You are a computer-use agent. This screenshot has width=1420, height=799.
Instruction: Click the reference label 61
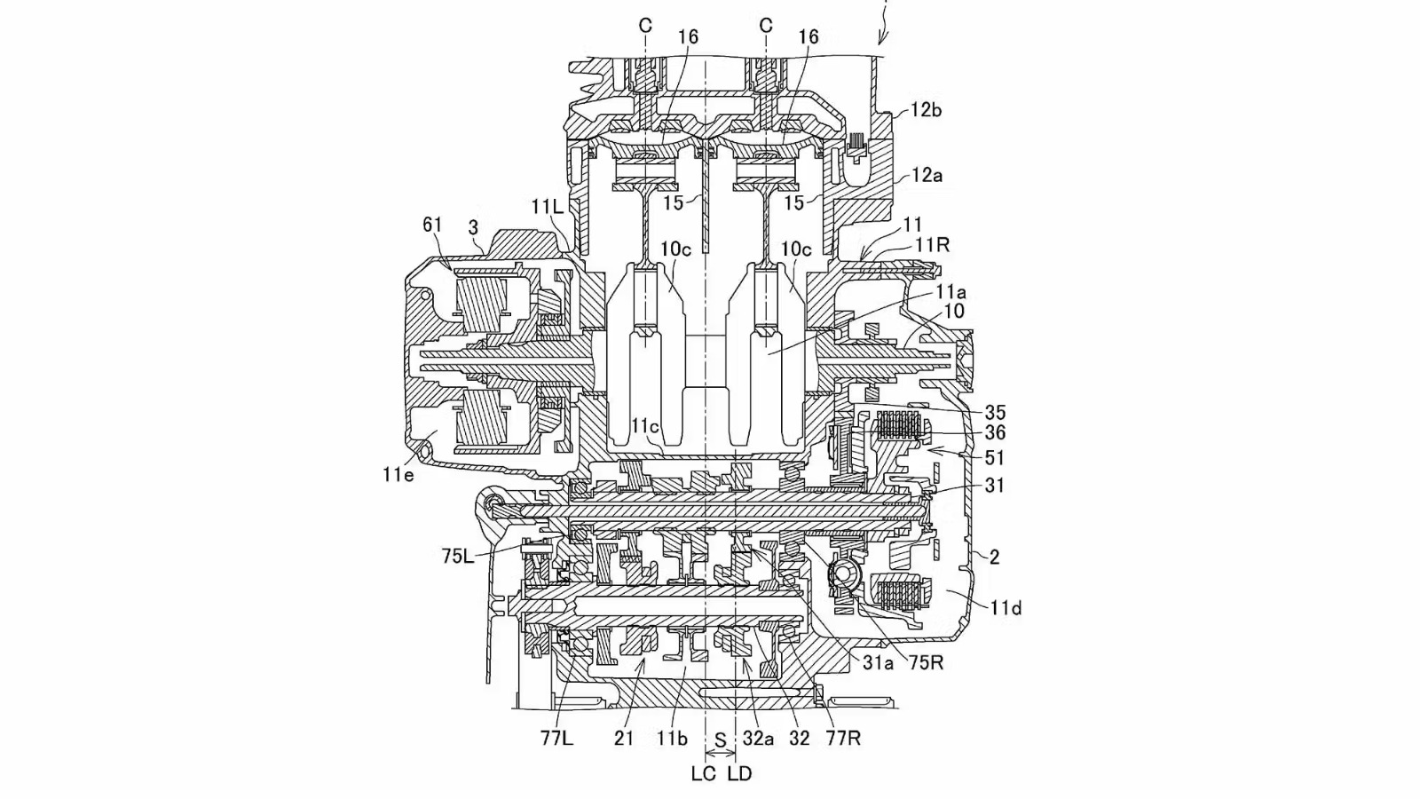coord(432,225)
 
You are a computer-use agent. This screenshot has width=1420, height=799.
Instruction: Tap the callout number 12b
coord(926,110)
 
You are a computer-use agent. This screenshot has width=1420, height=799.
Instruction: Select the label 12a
coord(926,176)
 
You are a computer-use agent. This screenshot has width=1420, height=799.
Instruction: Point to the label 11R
coord(933,246)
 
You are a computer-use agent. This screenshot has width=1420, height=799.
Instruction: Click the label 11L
coord(548,207)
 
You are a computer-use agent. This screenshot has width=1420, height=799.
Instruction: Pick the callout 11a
coord(950,291)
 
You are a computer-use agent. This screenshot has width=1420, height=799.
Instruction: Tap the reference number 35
coord(995,413)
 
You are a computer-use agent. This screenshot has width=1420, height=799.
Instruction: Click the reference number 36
coord(995,432)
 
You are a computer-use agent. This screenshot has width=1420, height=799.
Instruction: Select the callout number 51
coord(995,458)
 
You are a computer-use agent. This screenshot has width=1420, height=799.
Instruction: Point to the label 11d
coord(1006,608)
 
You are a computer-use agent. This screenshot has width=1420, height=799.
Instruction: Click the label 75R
coord(925,662)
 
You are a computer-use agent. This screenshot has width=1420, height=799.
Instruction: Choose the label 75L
coord(459,557)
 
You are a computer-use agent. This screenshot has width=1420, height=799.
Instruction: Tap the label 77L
coord(556,738)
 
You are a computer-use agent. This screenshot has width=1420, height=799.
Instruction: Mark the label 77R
coord(842,738)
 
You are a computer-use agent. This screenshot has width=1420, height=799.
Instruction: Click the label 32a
coord(758,738)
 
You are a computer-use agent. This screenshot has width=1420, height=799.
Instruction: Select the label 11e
coord(398,475)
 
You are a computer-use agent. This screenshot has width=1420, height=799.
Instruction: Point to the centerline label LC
coord(704,773)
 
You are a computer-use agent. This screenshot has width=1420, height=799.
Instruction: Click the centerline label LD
coord(739,773)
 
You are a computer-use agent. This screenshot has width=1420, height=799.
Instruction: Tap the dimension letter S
coord(721,739)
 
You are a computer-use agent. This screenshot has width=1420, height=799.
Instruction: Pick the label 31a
coord(878,662)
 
